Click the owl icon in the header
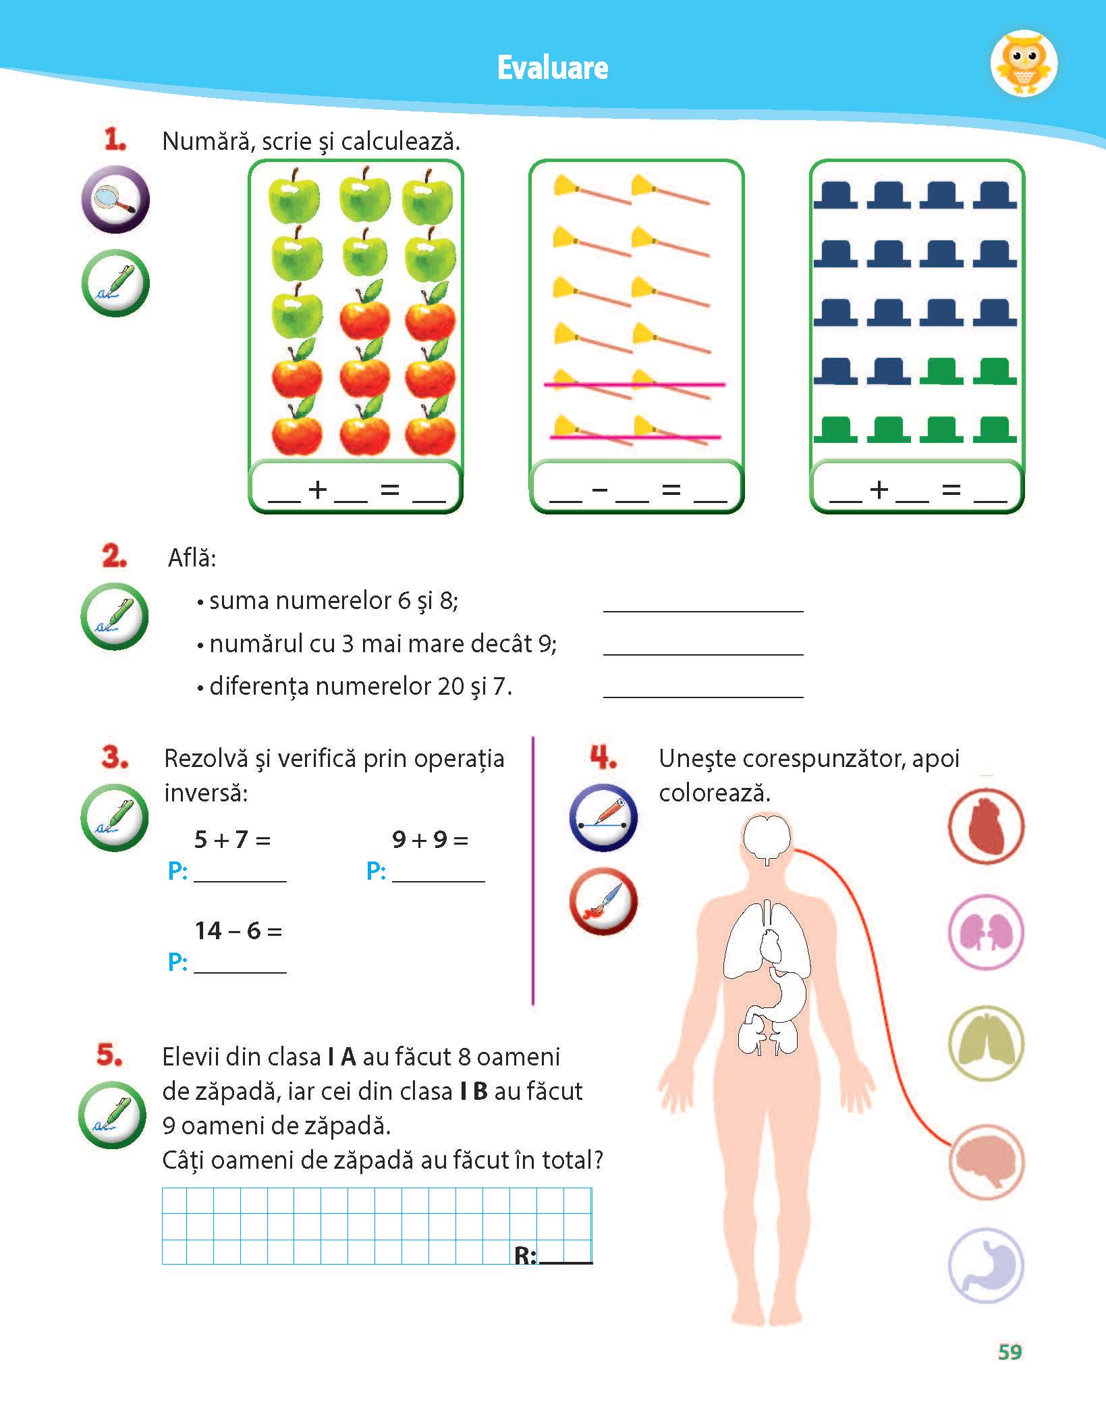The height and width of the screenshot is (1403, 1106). (x=1024, y=64)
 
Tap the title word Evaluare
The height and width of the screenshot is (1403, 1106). (x=553, y=68)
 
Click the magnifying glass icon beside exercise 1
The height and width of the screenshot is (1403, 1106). (x=115, y=199)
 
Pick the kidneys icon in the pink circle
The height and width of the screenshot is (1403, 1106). (x=986, y=932)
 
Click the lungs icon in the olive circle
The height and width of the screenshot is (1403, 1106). (x=986, y=1043)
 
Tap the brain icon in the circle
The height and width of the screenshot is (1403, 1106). (x=986, y=1162)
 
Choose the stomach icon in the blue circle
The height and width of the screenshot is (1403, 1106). (x=986, y=1266)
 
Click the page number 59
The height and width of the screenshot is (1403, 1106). (x=1010, y=1352)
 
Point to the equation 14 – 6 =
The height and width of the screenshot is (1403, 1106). (x=238, y=931)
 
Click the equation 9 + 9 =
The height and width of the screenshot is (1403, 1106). (x=430, y=839)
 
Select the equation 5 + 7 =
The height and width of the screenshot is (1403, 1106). (x=232, y=839)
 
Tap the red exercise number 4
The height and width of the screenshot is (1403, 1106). (x=603, y=758)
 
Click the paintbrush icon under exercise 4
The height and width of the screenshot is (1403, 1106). (x=603, y=902)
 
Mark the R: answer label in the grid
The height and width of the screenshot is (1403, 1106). (x=525, y=1255)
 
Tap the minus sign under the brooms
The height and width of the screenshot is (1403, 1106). (x=599, y=489)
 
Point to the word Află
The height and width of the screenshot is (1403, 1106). (x=192, y=558)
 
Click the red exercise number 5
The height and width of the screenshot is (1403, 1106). (x=109, y=1055)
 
